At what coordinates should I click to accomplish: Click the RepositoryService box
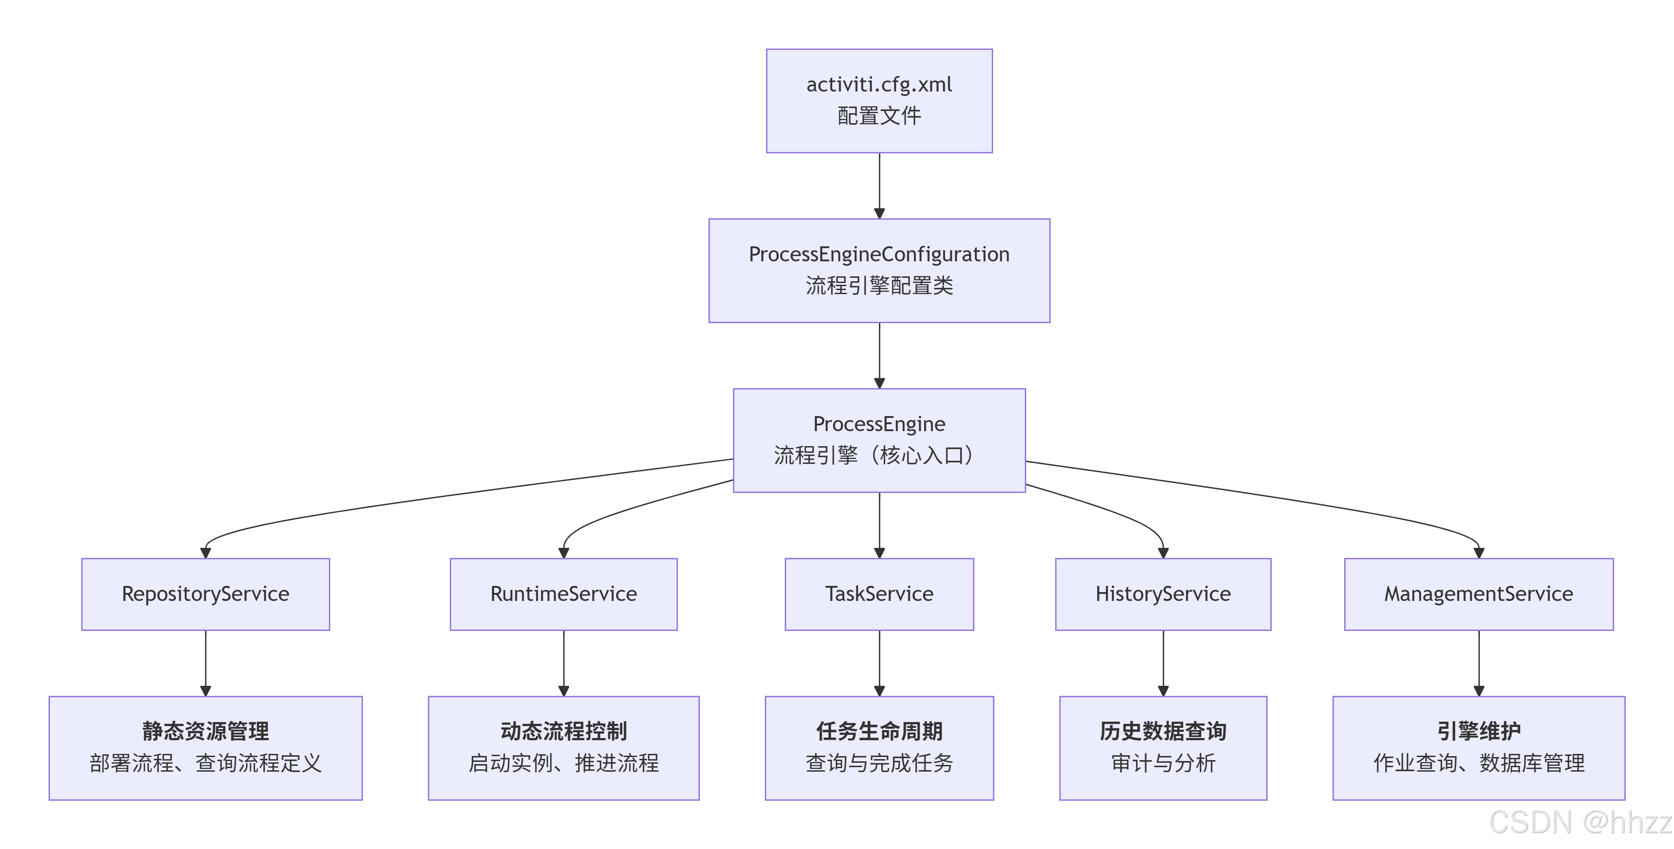coord(205,593)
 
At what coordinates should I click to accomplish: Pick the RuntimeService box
coord(563,593)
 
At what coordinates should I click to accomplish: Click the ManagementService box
coord(1479,593)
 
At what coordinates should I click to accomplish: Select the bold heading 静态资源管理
coord(205,731)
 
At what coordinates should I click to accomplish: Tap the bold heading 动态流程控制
coord(563,731)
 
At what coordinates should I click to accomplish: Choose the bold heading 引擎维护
coord(1479,731)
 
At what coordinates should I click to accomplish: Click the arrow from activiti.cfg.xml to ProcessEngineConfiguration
coord(879,185)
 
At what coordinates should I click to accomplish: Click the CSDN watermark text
coord(1579,822)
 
